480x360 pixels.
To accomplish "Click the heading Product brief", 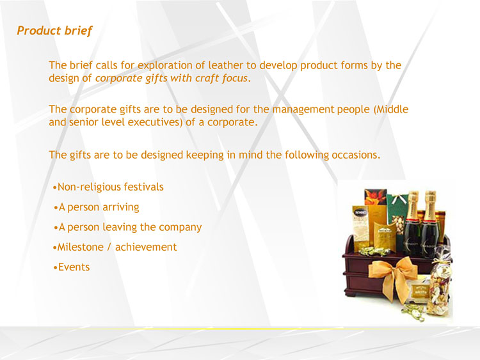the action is (x=54, y=31).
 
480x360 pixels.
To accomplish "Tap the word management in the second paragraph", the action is (x=303, y=109).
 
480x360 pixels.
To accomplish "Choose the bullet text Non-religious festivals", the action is (x=111, y=187).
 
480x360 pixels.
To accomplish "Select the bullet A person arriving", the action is (x=99, y=207).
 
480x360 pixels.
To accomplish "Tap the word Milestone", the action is (x=80, y=247).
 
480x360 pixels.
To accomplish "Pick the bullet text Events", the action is (x=74, y=267).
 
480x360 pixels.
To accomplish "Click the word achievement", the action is (x=146, y=247).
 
